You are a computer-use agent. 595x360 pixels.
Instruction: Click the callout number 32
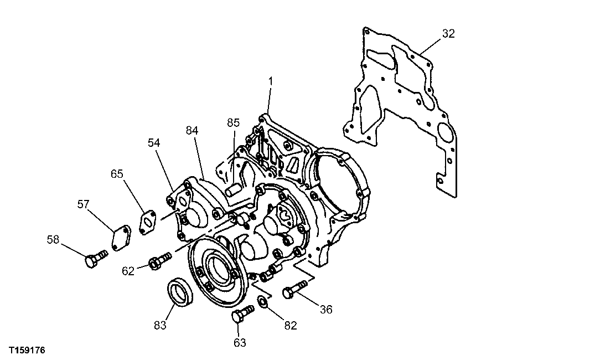point(448,34)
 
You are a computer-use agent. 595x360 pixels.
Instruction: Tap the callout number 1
point(271,81)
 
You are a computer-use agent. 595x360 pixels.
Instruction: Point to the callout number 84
point(192,130)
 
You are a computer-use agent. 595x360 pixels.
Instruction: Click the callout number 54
point(153,143)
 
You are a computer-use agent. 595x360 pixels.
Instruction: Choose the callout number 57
point(83,205)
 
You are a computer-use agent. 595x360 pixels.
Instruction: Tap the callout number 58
point(53,239)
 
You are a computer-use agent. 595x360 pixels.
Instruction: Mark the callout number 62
point(128,271)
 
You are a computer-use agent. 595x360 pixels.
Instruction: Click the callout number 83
point(160,325)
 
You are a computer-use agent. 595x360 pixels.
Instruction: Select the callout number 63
point(239,343)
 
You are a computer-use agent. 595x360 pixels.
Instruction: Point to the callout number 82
point(290,326)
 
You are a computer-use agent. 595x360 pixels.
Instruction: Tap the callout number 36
point(326,309)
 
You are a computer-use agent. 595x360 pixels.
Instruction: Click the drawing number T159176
point(27,351)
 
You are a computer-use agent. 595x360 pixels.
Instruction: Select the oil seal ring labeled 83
point(179,292)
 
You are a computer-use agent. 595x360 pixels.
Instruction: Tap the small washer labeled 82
point(263,302)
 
